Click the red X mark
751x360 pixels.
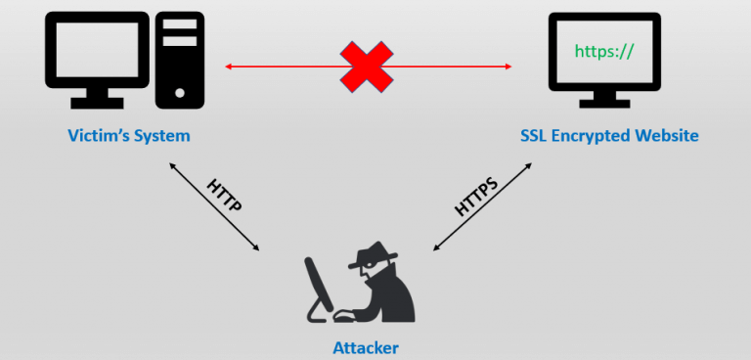367,67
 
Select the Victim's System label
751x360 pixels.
129,136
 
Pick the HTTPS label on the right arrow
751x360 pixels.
476,197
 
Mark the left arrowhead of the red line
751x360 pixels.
229,67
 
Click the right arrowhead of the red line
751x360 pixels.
508,67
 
